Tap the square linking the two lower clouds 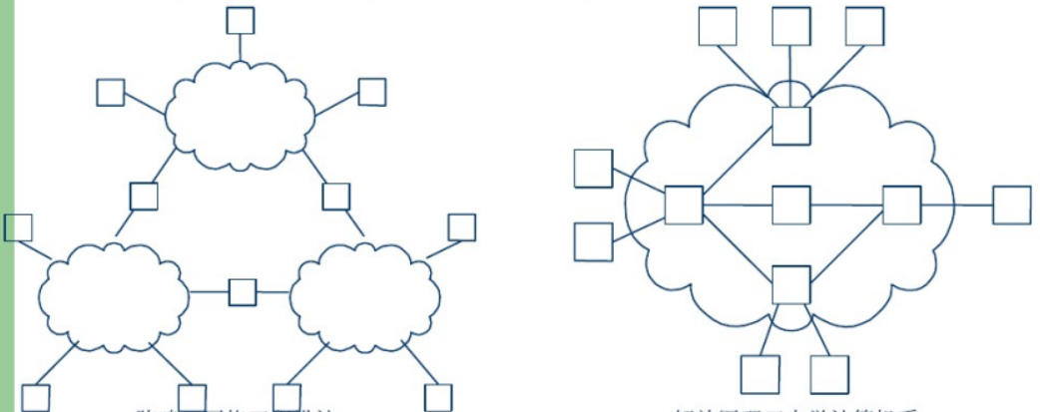click(x=243, y=292)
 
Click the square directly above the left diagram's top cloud click(x=241, y=20)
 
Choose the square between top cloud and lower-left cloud click(x=144, y=196)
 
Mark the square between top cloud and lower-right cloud click(x=336, y=197)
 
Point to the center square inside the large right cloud click(x=790, y=205)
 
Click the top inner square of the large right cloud click(x=791, y=124)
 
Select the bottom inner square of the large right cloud click(x=791, y=284)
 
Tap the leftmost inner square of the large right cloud click(x=684, y=205)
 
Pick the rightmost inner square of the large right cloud click(x=901, y=205)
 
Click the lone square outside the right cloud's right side click(x=1011, y=205)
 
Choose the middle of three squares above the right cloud click(x=791, y=27)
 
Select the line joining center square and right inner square click(x=846, y=206)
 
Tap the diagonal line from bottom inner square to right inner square click(x=846, y=245)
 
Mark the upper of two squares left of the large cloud click(x=593, y=168)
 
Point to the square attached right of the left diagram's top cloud click(x=372, y=92)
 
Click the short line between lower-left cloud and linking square click(x=209, y=292)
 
